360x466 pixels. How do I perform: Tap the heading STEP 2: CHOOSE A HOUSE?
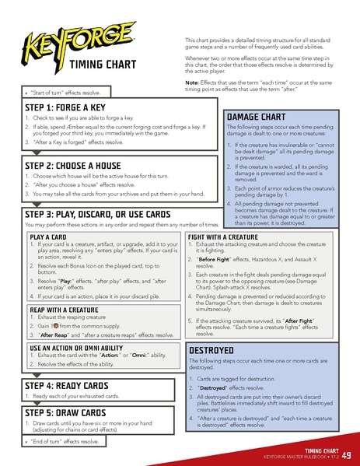click(x=80, y=166)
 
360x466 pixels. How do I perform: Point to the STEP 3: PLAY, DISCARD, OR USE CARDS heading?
click(x=98, y=214)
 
